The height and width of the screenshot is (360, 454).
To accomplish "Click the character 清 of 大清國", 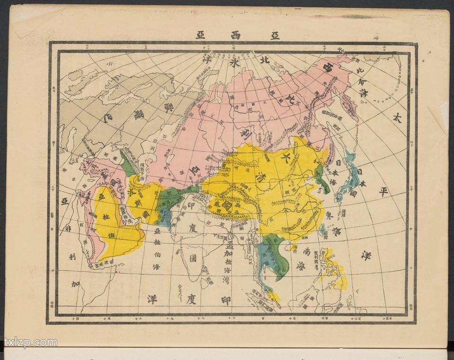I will coord(250,177).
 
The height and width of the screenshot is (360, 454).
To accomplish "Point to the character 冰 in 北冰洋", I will coord(235,63).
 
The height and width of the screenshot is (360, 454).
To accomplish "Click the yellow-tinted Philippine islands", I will coord(337,274).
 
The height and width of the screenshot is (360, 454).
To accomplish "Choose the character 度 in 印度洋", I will coord(192,298).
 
